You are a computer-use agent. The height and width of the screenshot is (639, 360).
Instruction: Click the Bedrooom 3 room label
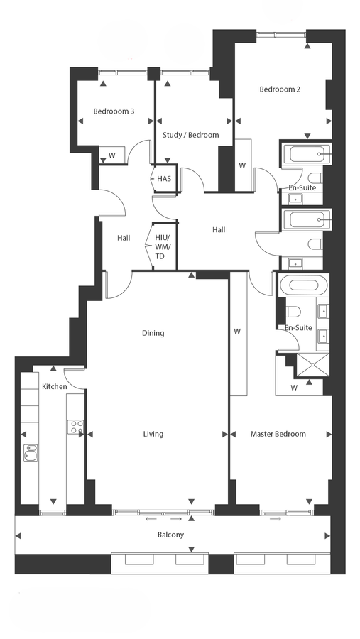point(114,111)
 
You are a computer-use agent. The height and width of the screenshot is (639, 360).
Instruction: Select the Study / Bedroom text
point(190,135)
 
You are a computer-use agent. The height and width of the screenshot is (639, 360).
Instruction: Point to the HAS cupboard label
point(164,178)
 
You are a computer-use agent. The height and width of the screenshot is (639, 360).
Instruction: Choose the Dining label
point(153,332)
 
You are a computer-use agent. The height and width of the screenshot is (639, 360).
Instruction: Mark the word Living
point(153,434)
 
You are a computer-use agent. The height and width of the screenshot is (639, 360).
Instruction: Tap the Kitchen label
point(54,386)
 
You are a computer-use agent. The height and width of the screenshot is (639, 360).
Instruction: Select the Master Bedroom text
point(278,434)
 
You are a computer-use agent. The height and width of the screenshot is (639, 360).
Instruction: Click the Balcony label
point(171,535)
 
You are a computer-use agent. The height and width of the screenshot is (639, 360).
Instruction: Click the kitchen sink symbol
point(31,452)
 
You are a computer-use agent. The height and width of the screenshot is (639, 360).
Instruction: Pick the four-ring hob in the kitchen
point(75,427)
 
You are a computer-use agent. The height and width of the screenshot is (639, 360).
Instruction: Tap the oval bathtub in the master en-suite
point(303,286)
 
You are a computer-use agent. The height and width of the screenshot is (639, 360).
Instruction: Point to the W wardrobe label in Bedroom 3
point(111,155)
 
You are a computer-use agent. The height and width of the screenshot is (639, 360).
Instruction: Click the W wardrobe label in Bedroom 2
point(242,166)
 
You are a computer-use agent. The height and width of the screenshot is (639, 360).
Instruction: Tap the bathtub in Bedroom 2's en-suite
point(305,153)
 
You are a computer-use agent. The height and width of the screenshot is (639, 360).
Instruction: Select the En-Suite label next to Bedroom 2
point(302,187)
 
